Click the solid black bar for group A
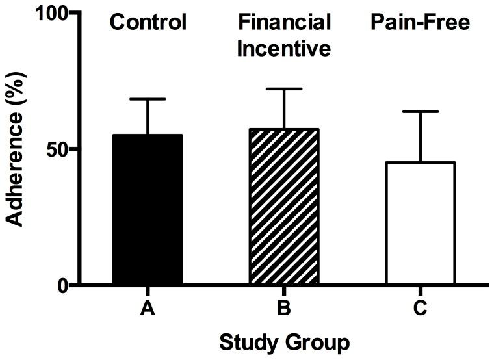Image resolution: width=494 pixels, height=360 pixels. click(148, 209)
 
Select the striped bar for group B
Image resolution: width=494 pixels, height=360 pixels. click(284, 207)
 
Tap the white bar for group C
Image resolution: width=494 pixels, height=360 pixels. click(420, 223)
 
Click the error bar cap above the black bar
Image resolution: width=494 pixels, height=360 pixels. click(148, 99)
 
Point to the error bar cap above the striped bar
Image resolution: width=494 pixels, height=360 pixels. click(284, 88)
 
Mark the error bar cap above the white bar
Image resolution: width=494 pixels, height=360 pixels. click(420, 112)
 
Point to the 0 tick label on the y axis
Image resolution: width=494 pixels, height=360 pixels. click(63, 285)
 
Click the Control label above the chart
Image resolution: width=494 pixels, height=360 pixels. click(148, 23)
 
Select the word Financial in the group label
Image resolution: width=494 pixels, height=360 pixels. click(284, 23)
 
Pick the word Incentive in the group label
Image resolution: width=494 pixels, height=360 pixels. click(284, 47)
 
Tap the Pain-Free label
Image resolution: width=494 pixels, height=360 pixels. click(420, 23)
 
